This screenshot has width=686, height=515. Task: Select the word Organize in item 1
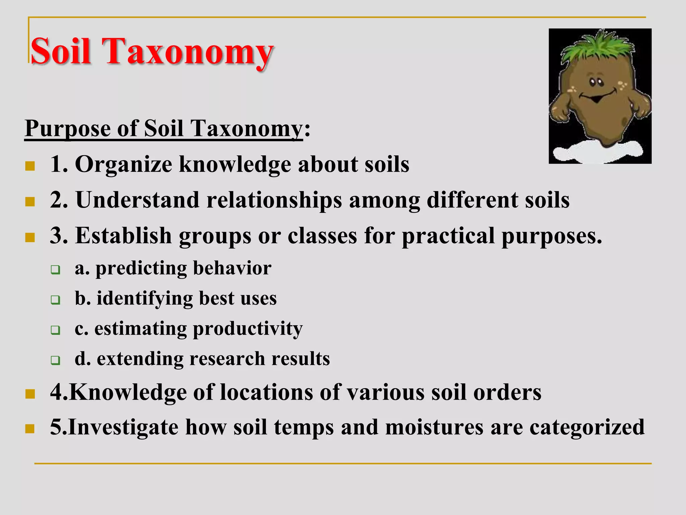tap(123, 165)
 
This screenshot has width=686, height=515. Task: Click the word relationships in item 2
tap(274, 201)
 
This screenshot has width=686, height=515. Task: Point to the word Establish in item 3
tap(123, 236)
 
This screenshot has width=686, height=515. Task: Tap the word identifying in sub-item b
tap(144, 298)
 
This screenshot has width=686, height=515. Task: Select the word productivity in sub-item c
tap(248, 329)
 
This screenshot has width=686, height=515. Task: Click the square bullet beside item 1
tap(30, 166)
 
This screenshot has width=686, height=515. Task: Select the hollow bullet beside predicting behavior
tap(56, 270)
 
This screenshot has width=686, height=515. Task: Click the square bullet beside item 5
tap(30, 428)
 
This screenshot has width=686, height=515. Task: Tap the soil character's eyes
tap(596, 81)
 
